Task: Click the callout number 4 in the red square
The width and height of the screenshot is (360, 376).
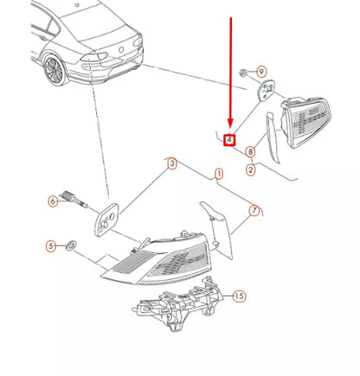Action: point(229,140)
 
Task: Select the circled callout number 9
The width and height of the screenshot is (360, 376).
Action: point(261,72)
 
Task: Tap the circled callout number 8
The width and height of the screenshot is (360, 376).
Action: point(250,152)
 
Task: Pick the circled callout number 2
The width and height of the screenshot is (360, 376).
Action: point(251,169)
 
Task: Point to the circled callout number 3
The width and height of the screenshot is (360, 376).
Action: point(172,164)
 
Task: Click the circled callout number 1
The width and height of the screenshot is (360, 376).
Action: point(219,174)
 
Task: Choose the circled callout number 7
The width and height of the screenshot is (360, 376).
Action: point(254,211)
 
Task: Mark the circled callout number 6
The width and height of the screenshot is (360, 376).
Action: point(53,201)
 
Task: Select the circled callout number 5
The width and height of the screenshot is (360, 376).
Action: point(51,246)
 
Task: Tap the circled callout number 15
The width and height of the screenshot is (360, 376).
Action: point(239,296)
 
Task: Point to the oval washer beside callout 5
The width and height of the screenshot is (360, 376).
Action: point(71,245)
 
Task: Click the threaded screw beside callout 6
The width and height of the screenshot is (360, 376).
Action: point(74,199)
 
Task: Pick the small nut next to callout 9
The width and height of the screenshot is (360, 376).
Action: point(243,73)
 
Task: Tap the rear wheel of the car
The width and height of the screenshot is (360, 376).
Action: point(55,70)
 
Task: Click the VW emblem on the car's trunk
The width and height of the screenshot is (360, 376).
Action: point(122,49)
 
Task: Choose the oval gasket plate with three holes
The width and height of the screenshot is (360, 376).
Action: point(106,220)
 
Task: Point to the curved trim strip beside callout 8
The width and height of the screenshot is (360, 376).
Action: point(273,137)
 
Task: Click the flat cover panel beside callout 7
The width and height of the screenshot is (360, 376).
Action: point(216,230)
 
